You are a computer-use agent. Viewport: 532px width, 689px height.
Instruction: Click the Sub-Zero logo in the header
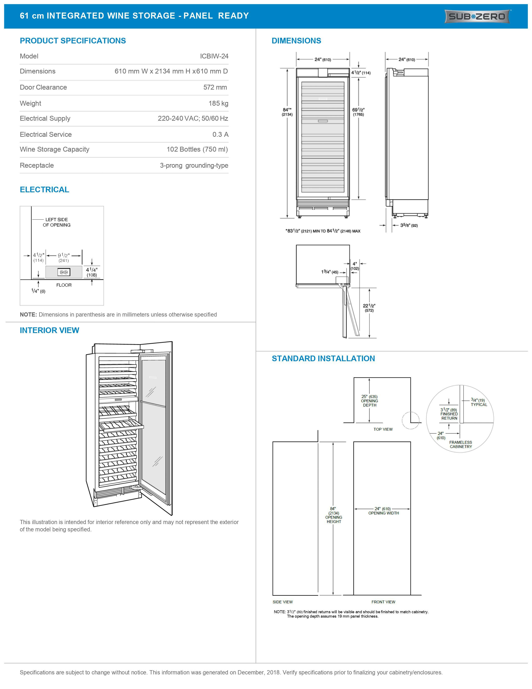tap(477, 16)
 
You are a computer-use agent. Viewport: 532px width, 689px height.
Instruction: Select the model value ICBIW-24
tap(214, 56)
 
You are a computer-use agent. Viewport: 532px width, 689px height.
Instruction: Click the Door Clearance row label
tap(43, 87)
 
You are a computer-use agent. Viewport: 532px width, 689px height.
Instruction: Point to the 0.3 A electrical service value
tap(220, 134)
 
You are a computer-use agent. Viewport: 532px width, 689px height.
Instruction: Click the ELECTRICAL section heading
tap(44, 190)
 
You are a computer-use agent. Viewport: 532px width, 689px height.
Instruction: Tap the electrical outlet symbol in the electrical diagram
tap(64, 272)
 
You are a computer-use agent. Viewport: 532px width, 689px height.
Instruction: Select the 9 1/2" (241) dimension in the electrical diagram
tap(64, 257)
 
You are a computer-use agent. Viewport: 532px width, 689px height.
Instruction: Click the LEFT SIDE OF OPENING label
tap(57, 222)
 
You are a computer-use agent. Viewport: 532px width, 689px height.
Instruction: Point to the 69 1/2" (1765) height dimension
tap(358, 112)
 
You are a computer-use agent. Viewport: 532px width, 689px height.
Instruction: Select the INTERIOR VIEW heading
tap(49, 330)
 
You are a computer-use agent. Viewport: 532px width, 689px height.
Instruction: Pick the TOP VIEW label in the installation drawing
tap(383, 429)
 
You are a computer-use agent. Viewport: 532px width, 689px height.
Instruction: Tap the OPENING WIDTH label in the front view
tap(383, 513)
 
